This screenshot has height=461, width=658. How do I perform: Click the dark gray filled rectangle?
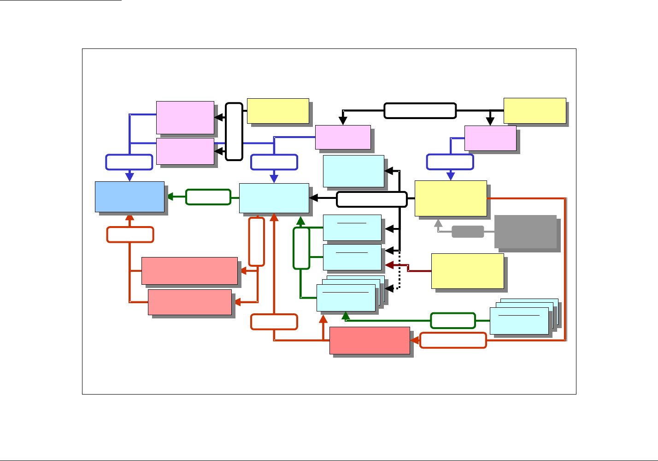pos(525,231)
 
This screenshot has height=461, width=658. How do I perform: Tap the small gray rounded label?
pos(468,232)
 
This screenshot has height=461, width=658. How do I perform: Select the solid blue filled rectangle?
pos(129,197)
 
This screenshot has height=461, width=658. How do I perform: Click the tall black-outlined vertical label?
pos(234,132)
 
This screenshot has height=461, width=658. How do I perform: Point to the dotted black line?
pos(399,270)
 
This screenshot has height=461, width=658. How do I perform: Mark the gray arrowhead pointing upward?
pos(438,223)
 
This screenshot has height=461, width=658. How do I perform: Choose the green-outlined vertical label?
pos(301,248)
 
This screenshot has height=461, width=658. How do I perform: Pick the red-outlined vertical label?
pos(256,241)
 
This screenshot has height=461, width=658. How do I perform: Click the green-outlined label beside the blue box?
pos(208,197)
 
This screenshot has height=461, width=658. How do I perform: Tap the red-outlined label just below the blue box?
pos(130,234)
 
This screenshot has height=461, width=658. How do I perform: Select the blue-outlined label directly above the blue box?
pos(129,162)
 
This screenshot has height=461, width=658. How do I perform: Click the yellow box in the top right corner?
pos(535,111)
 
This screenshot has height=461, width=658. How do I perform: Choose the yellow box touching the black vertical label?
pos(278,111)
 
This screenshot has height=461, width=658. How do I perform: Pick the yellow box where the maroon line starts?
pos(467,271)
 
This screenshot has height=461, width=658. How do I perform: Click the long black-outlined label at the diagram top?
pos(420,111)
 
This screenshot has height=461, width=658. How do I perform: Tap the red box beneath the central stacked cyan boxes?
pos(370,341)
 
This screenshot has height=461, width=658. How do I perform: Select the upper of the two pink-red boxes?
pos(189,270)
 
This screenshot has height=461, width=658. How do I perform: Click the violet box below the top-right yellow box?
pos(490,138)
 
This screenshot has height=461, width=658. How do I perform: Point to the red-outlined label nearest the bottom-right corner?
pos(453,340)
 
